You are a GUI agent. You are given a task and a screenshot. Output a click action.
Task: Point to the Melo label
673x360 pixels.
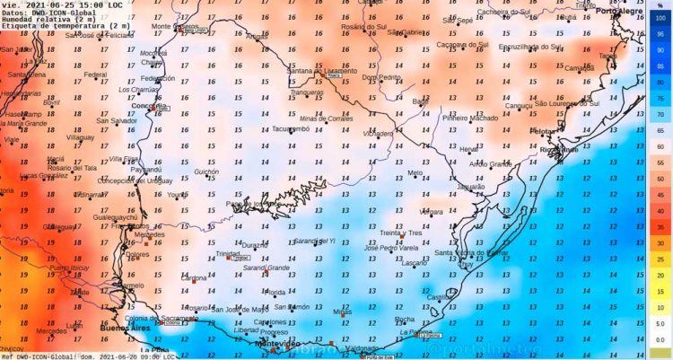(415, 172)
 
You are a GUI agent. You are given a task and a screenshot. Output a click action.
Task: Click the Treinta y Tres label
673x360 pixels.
(401, 233)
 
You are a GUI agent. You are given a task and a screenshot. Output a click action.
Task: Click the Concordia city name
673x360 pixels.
(144, 105)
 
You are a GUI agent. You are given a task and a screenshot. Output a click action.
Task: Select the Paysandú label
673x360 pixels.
(146, 168)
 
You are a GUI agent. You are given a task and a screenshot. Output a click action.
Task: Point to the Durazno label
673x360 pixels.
(255, 244)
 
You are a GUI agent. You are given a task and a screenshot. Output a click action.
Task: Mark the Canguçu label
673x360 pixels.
(519, 105)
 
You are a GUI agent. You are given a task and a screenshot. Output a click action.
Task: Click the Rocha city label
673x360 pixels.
(405, 318)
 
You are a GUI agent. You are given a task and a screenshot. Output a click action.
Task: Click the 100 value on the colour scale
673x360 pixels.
(660, 17)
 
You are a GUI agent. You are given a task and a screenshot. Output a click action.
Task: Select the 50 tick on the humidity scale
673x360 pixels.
(660, 179)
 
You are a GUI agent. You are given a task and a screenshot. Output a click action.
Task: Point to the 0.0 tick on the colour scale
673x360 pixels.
(660, 340)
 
